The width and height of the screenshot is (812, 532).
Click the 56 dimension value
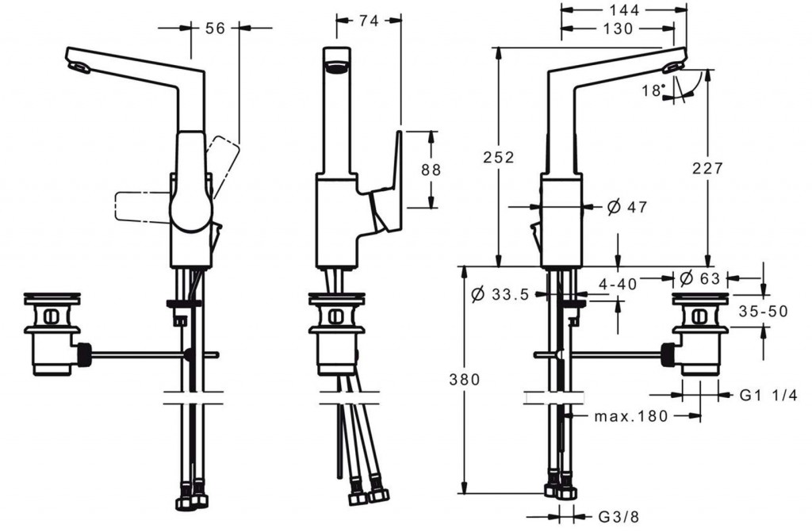pos(215,28)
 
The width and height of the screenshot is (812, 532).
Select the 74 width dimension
pos(368,21)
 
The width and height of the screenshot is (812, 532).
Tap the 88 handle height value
pos(431,170)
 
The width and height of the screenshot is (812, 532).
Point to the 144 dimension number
pos(624,10)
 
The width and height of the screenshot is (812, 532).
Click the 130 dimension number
pos(618,29)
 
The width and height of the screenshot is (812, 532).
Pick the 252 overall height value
pos(499,157)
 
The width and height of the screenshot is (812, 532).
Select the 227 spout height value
pos(707,168)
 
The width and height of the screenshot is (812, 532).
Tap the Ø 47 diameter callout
pos(626,207)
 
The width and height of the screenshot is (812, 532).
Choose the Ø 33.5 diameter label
pos(500,295)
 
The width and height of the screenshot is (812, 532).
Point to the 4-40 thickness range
pos(618,284)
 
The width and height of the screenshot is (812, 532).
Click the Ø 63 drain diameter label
pos(699,279)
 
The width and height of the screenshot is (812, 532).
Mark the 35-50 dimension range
pos(763,312)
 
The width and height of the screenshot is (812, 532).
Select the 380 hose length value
pos(465,380)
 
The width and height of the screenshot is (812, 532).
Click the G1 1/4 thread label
pos(768,396)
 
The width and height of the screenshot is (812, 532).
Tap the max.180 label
pos(630,416)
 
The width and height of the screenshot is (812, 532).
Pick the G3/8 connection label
pos(619,516)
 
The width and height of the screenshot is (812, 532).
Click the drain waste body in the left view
pos(53,333)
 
